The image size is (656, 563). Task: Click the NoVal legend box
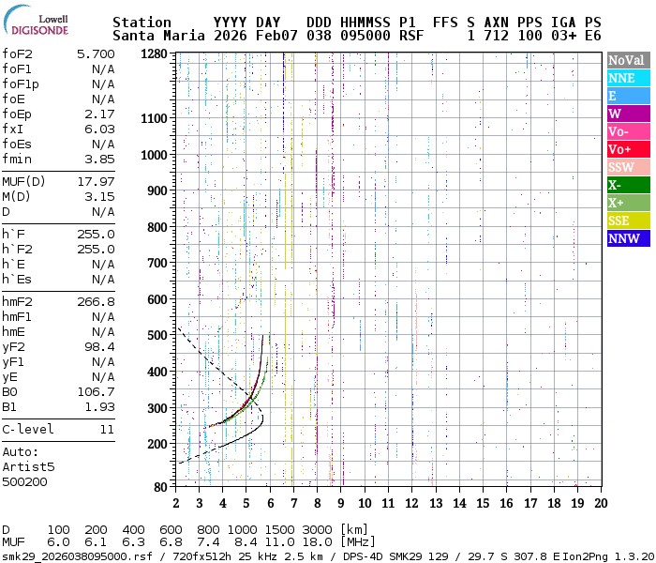pyautogui.click(x=626, y=60)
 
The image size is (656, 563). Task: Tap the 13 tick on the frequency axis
pyautogui.click(x=436, y=503)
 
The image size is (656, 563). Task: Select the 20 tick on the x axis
pyautogui.click(x=600, y=503)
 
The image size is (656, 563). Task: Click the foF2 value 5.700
pyautogui.click(x=96, y=54)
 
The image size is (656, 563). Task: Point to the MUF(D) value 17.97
pyautogui.click(x=96, y=181)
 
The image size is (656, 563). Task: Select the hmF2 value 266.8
pyautogui.click(x=96, y=301)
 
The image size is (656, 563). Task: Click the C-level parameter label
pyautogui.click(x=28, y=429)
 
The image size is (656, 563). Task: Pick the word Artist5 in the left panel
pyautogui.click(x=29, y=465)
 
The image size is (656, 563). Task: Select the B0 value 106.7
pyautogui.click(x=96, y=391)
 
